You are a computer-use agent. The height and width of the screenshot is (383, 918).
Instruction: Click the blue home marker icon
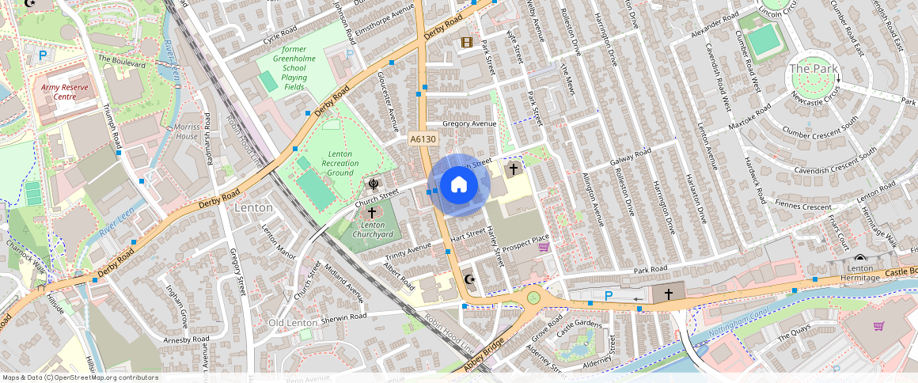(x=458, y=185)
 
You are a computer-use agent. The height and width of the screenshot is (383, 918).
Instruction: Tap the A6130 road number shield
(x=423, y=139)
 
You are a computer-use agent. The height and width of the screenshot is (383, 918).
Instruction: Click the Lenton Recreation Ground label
(x=340, y=163)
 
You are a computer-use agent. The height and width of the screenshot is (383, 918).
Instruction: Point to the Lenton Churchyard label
(x=372, y=230)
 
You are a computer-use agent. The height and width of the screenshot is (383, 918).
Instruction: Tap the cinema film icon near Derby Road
(x=467, y=42)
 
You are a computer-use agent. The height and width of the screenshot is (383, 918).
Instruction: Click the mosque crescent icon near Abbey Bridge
(x=468, y=280)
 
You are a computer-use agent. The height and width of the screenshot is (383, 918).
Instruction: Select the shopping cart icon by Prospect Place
(x=544, y=248)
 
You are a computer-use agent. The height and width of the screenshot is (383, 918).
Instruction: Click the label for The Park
(x=813, y=69)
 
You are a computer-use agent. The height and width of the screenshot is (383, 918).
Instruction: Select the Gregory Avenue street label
(x=468, y=124)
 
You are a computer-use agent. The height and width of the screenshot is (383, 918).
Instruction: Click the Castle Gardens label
(x=578, y=324)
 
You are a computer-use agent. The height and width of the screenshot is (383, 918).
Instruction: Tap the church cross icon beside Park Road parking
(x=669, y=294)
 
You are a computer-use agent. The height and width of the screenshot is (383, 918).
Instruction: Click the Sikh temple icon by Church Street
(x=372, y=186)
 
